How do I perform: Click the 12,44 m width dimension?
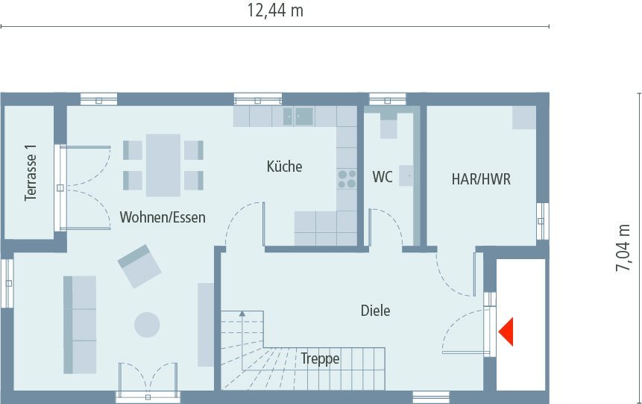tap(275, 10)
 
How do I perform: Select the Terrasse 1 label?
tap(31, 173)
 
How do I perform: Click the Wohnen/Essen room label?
tap(163, 217)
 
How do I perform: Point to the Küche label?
tap(285, 167)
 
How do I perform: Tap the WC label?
tap(383, 178)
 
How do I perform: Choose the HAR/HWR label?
tap(481, 179)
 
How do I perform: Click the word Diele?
tap(375, 311)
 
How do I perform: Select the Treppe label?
tap(320, 359)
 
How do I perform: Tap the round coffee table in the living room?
tap(147, 325)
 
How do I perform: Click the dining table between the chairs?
tap(163, 165)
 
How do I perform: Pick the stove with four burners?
tap(347, 178)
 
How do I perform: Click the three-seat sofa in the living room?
tap(80, 324)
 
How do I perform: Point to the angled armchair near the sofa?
tap(139, 265)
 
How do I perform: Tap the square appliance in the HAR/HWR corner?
tap(523, 116)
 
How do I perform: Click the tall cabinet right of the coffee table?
tap(205, 324)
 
